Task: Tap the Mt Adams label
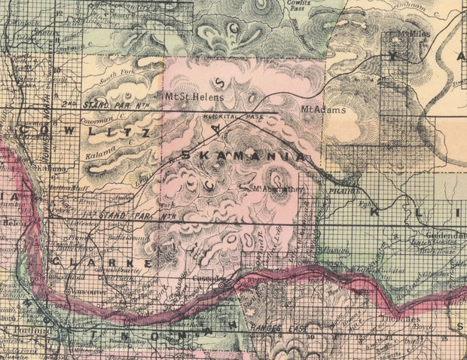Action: click(318, 111)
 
